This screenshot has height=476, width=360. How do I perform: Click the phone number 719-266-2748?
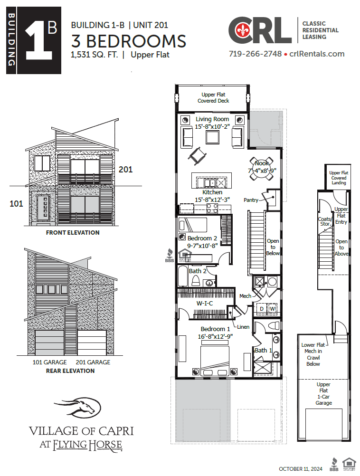255,54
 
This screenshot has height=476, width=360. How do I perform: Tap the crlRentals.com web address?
316,54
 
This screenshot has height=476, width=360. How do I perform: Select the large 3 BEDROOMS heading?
128,41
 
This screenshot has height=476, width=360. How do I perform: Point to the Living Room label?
212,119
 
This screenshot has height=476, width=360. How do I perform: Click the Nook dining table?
262,170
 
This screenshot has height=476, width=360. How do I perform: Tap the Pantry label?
251,200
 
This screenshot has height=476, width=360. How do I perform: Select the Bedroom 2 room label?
202,238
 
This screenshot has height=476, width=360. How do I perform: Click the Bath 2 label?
198,271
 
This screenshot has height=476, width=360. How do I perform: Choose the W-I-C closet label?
205,303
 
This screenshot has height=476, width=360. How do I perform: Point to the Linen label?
244,327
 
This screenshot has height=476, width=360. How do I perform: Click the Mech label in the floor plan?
245,296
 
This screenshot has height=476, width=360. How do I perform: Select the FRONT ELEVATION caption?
73,233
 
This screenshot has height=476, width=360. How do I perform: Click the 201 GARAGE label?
93,362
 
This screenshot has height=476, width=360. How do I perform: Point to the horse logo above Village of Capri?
78,407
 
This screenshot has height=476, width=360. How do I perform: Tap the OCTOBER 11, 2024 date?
301,469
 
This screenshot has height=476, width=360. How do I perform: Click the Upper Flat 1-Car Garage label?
324,393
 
